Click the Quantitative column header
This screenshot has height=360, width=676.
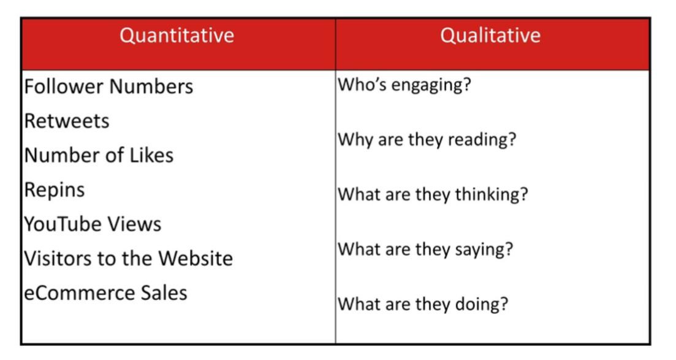(x=177, y=36)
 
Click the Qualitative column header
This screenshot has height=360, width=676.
(x=490, y=36)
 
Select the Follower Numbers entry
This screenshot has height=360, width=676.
(x=108, y=86)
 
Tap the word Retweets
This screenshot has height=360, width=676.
(x=67, y=121)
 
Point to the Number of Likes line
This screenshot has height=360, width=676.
(x=99, y=155)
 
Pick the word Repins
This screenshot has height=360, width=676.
(x=55, y=190)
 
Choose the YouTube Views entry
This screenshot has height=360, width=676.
(x=93, y=224)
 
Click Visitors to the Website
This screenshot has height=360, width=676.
(x=129, y=259)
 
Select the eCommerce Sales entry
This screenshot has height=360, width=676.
(x=105, y=293)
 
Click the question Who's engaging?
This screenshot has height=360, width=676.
(x=404, y=85)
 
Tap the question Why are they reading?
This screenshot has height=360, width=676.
(x=427, y=140)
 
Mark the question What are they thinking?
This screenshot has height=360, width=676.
(x=433, y=194)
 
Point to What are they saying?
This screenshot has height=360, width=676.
(x=425, y=250)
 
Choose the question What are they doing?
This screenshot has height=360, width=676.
(x=423, y=304)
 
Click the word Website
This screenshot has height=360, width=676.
(x=196, y=259)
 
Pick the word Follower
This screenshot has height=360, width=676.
(x=64, y=86)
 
